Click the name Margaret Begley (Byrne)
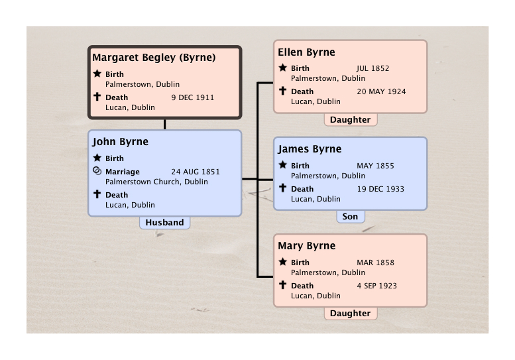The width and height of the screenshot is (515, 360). click(154, 58)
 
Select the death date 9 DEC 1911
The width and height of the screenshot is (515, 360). click(192, 97)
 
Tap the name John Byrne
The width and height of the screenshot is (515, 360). click(120, 142)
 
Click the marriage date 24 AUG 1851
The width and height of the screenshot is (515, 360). click(196, 172)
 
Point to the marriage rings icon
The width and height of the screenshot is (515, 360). click(97, 171)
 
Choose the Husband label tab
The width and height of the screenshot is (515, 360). click(164, 222)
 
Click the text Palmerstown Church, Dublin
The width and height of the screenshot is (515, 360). click(156, 182)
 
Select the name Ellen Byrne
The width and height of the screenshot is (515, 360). click(306, 52)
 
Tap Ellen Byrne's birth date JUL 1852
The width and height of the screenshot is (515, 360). click(372, 68)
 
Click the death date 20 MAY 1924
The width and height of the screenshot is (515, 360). click(381, 91)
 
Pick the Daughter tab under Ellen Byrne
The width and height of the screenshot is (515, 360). click(351, 119)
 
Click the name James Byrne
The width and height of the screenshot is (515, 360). click(310, 149)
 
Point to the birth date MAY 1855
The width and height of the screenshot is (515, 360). click(375, 166)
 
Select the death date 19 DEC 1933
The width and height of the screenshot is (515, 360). click(380, 189)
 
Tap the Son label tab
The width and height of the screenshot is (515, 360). click(351, 216)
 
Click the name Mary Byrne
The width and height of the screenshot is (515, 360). click(307, 246)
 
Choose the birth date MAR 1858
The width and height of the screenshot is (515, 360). click(375, 263)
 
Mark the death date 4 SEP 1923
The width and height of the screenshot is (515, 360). click(376, 286)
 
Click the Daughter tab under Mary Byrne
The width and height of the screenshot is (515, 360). click(351, 314)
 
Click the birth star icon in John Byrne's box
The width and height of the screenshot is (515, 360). click(97, 158)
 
